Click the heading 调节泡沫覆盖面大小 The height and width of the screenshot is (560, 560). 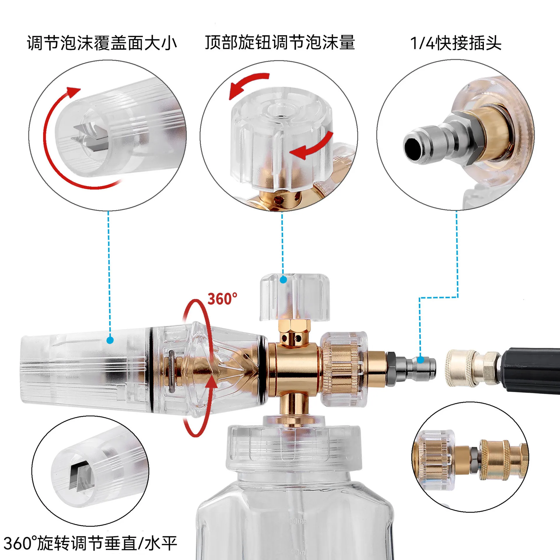(102, 43)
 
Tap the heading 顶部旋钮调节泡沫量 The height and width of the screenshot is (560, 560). (280, 43)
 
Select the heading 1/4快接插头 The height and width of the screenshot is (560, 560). (456, 43)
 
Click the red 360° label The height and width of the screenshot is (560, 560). (222, 299)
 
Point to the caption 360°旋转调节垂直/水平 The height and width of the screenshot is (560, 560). (90, 543)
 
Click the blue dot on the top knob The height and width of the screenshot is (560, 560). (283, 280)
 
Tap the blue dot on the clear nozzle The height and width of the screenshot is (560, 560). (110, 340)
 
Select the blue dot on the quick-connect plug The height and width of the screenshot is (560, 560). (420, 360)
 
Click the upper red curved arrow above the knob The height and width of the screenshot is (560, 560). (248, 85)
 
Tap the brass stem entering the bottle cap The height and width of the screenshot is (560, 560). (294, 408)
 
